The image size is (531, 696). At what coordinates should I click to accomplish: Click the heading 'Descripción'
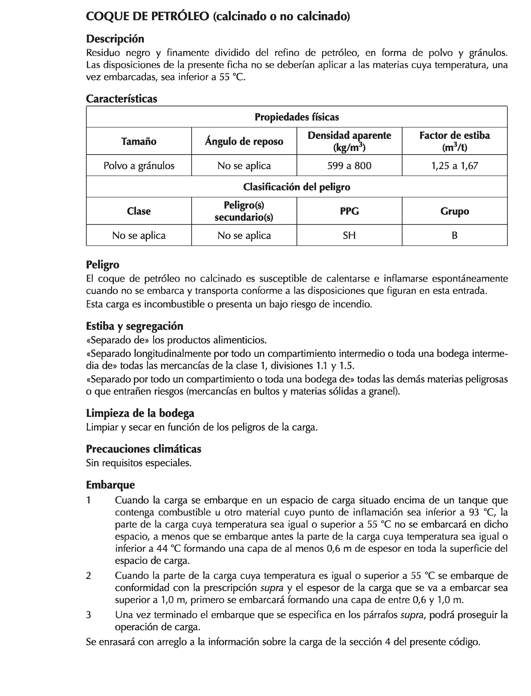[115, 39]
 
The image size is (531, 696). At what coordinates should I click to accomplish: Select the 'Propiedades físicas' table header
[296, 117]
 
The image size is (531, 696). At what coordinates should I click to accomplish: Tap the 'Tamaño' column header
[139, 141]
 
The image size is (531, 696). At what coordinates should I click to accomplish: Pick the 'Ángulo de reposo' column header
[244, 141]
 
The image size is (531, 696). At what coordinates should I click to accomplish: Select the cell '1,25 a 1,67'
[454, 165]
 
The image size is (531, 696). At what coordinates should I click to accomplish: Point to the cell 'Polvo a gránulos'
[139, 165]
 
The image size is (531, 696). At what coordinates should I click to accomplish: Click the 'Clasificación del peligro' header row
[296, 187]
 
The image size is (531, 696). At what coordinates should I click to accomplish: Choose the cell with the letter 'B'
[454, 235]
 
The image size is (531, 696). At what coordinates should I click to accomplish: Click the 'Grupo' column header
[454, 211]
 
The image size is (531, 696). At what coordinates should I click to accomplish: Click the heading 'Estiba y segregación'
[134, 326]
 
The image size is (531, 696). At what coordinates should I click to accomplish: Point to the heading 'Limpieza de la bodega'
[140, 413]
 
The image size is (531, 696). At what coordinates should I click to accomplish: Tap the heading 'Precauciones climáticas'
[143, 449]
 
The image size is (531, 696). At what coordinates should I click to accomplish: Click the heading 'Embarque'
[110, 485]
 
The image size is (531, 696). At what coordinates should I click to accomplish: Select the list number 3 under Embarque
[89, 615]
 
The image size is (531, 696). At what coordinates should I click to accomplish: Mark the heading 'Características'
[121, 99]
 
